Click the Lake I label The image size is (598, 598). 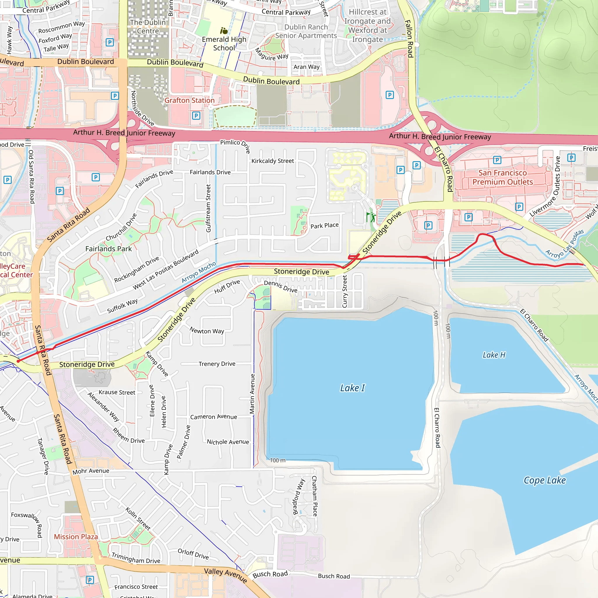[352, 388]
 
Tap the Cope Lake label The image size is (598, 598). [545, 480]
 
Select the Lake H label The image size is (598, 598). [494, 355]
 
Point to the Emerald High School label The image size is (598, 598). [224, 44]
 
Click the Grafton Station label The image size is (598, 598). [190, 100]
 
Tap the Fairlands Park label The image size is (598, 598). [108, 249]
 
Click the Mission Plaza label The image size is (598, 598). [76, 537]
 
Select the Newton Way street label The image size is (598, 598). [207, 331]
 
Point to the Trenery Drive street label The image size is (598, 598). [217, 364]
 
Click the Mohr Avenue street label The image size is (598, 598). [91, 471]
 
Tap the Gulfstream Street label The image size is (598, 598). [208, 208]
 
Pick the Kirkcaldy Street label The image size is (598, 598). [272, 161]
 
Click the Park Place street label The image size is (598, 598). [324, 226]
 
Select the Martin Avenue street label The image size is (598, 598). [252, 394]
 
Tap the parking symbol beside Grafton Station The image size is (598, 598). [196, 116]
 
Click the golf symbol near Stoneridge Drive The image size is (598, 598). [371, 217]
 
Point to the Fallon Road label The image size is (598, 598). [409, 39]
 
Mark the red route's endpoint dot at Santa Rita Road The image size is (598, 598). [18, 361]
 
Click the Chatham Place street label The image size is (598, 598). [314, 496]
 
